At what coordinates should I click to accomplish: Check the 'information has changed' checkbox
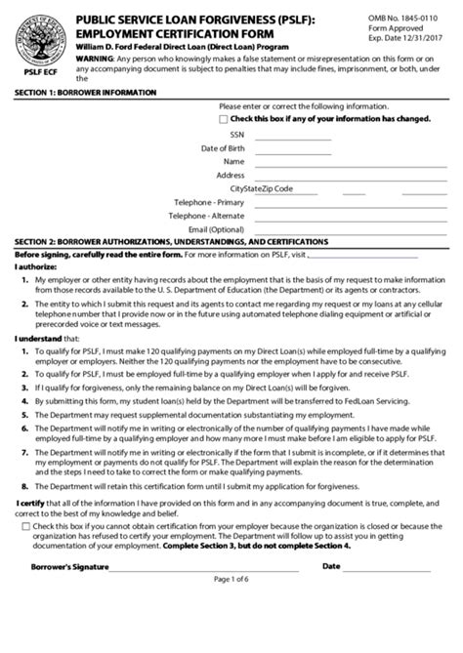224,118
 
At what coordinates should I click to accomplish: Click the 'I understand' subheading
37,367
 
